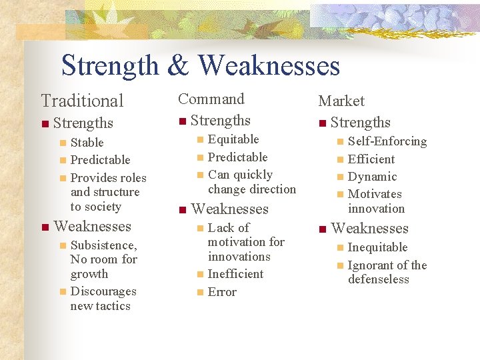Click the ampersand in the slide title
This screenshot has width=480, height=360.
(x=177, y=66)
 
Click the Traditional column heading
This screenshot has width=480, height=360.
(x=82, y=101)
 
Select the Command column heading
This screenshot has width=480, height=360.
(x=211, y=99)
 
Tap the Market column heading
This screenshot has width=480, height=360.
(x=341, y=101)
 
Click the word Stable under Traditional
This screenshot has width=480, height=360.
(x=87, y=142)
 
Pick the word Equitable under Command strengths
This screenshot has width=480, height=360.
(x=233, y=139)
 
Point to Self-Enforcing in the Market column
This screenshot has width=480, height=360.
(x=387, y=141)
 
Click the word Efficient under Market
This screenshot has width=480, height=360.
(x=371, y=159)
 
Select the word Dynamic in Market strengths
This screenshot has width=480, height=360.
(x=372, y=177)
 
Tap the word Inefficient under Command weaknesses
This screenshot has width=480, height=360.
(x=235, y=274)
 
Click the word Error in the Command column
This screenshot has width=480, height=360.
(x=222, y=292)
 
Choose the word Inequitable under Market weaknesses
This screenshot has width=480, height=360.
(x=377, y=247)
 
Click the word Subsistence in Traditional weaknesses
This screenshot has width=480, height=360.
(x=103, y=245)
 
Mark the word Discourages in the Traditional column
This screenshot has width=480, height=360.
(x=103, y=291)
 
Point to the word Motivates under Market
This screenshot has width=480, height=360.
(x=375, y=194)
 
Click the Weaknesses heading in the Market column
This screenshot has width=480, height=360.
(x=369, y=228)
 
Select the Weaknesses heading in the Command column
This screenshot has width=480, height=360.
(x=229, y=209)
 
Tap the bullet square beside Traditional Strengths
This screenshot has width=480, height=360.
(x=44, y=123)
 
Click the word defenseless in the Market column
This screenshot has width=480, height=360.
(x=378, y=279)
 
